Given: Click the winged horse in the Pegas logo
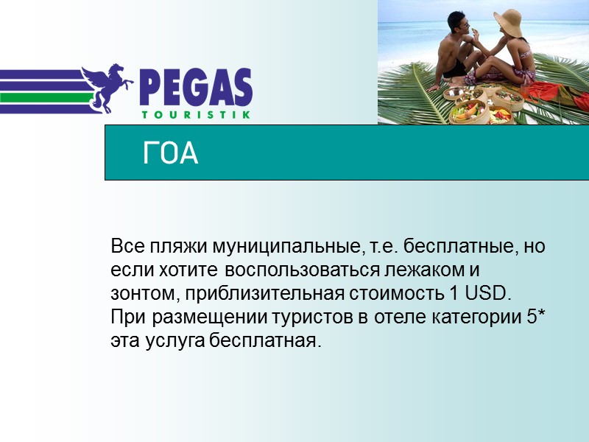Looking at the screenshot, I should tap(109, 87).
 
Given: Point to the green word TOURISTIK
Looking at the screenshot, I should tap(195, 115).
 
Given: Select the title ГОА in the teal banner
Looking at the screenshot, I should tap(170, 154).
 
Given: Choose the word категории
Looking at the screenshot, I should tap(473, 317).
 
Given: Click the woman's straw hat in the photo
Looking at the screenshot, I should tap(508, 20).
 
